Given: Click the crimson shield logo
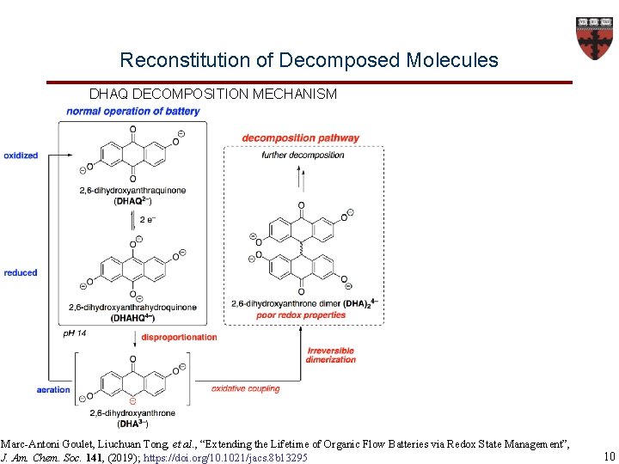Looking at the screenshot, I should click(x=594, y=38).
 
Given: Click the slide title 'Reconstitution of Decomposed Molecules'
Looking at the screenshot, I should click(x=309, y=60).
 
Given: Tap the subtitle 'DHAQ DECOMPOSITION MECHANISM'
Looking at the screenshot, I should click(x=213, y=94).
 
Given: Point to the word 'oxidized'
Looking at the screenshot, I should click(x=21, y=156).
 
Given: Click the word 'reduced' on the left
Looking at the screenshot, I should click(x=21, y=272).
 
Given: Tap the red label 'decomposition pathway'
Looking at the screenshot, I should click(x=301, y=138).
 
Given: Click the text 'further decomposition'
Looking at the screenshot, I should click(x=303, y=155).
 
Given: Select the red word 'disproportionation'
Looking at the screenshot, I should click(x=179, y=337).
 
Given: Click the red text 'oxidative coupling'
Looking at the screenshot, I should click(x=246, y=388).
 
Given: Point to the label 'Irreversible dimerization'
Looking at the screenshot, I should click(x=330, y=355).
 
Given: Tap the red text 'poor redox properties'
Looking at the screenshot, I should click(x=301, y=315).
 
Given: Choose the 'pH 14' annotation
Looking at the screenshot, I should click(x=75, y=333).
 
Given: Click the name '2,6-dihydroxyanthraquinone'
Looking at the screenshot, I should click(x=133, y=190).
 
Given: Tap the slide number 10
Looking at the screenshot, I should click(x=610, y=456).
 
